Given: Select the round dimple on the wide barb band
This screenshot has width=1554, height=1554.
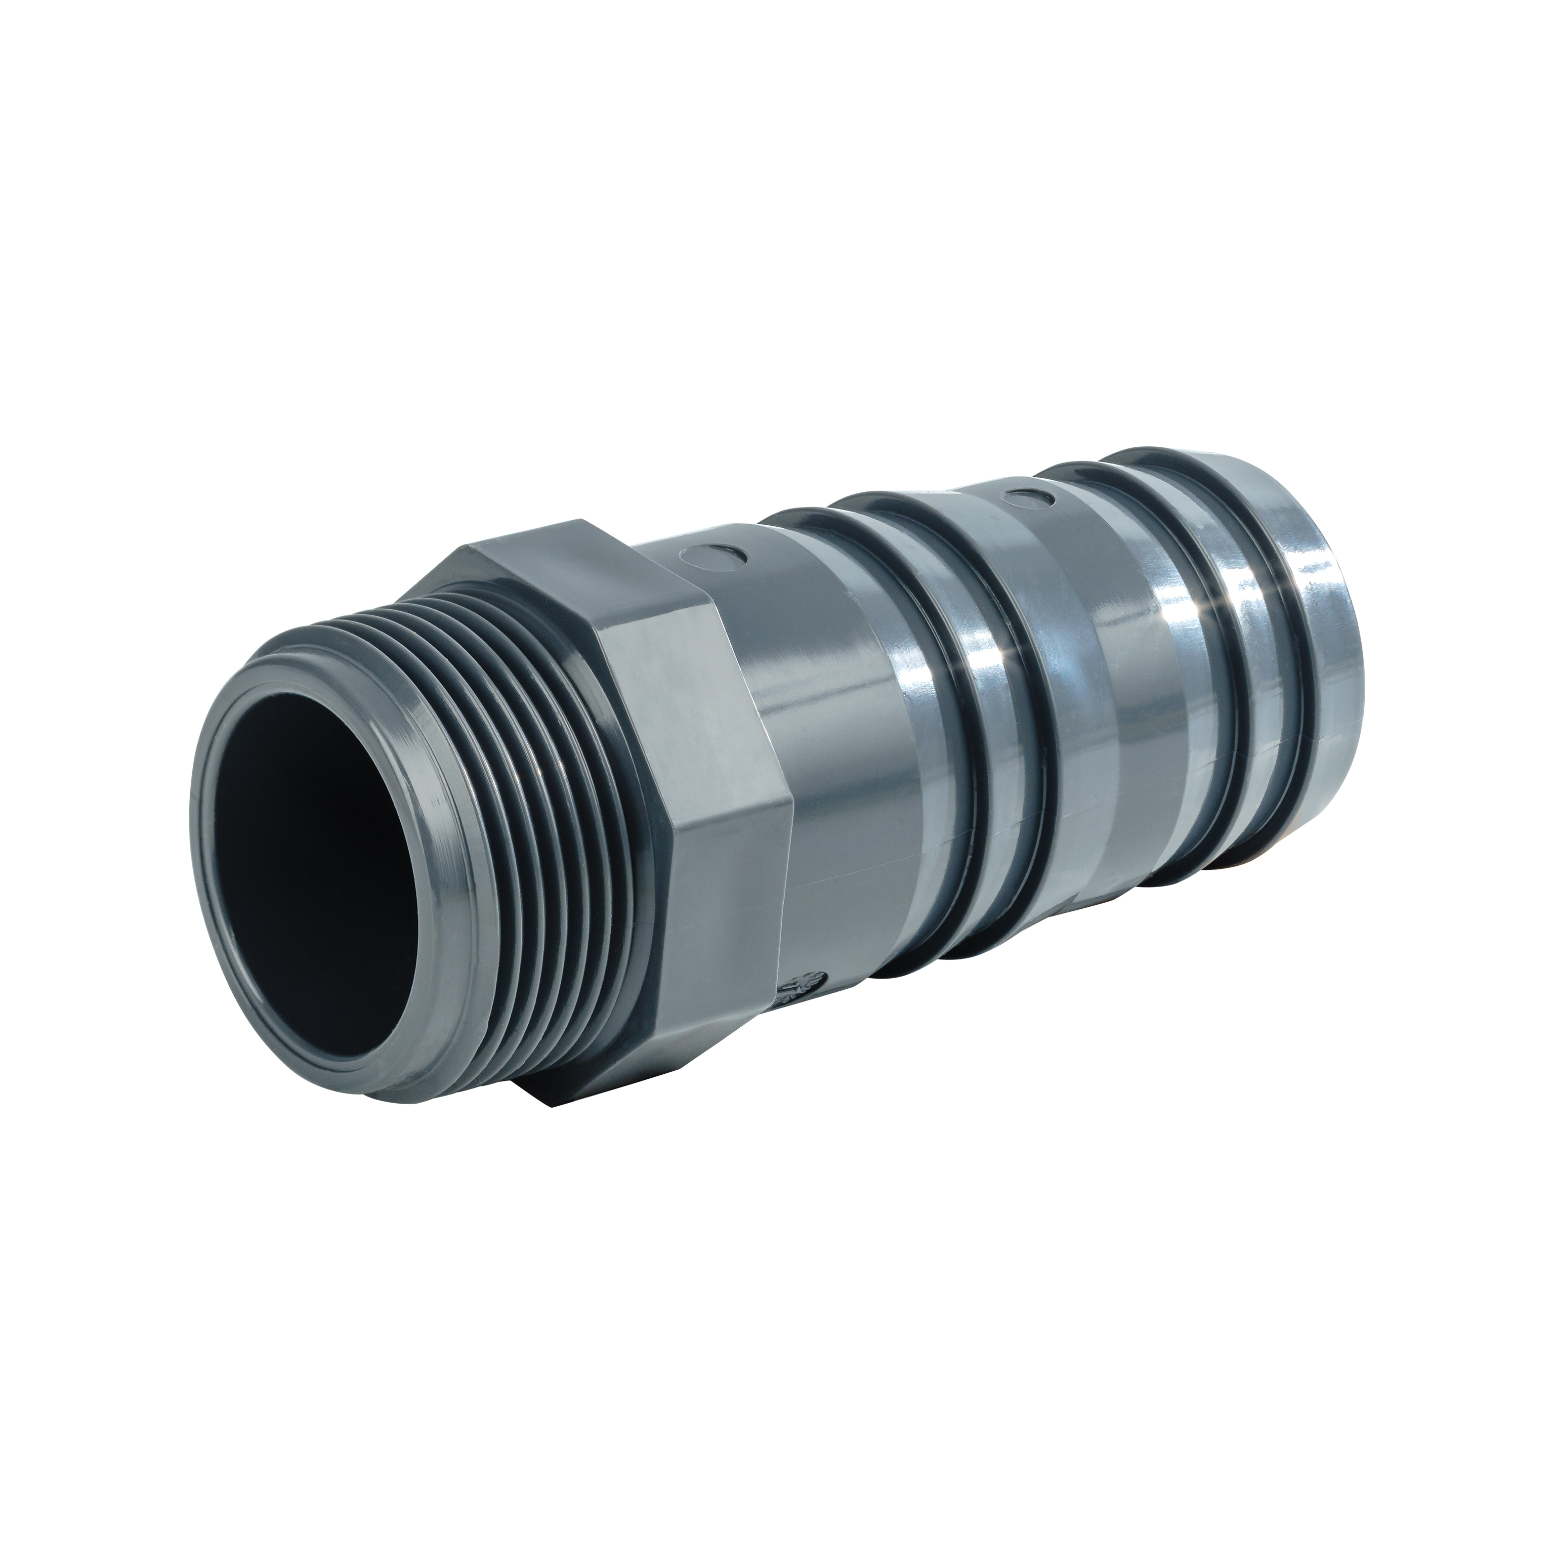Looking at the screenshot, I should pyautogui.click(x=1023, y=499).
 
